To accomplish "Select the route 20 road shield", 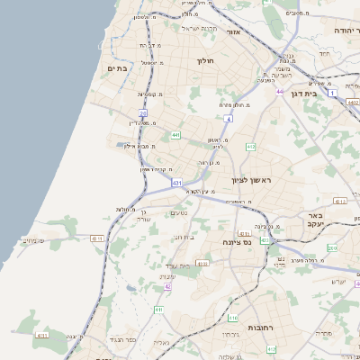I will click(142, 112).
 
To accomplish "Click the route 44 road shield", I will click(281, 91).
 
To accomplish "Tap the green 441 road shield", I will click(175, 135).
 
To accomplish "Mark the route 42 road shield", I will click(168, 287).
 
